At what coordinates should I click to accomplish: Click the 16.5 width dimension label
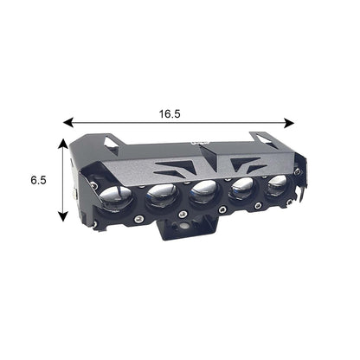pos(170,114)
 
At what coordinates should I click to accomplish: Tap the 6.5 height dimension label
pos(38,180)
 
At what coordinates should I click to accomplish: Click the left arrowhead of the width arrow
pos(67,122)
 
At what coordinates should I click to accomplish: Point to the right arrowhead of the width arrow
pos(289,123)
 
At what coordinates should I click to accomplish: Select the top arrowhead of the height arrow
pos(63,144)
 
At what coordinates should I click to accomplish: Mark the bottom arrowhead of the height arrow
pos(63,216)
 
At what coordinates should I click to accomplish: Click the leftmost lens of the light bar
pos(116,197)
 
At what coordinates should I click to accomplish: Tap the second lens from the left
pos(162,196)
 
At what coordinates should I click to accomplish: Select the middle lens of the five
pos(203,191)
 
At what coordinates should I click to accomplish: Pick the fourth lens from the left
pos(241,188)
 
